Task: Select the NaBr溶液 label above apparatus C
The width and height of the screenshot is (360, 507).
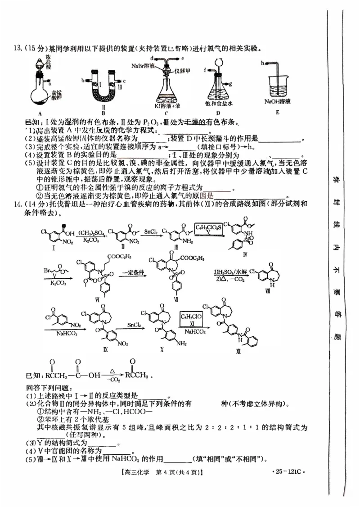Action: pos(143,66)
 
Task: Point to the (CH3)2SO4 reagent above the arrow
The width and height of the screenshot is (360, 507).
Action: pos(92,233)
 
